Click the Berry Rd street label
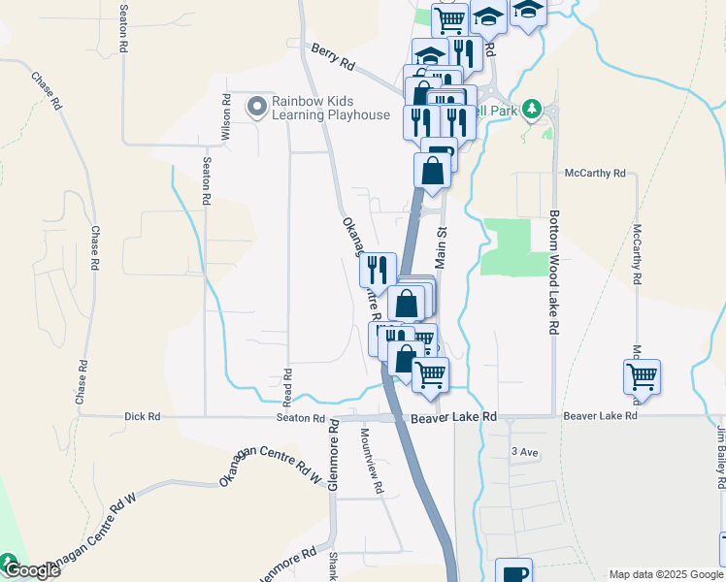333,55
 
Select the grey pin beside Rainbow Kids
256,107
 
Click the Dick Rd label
142,417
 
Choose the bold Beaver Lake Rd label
453,417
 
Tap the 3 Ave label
524,452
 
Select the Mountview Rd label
372,459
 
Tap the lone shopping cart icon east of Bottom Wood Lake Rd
642,376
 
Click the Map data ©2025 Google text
666,574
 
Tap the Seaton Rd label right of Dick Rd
306,417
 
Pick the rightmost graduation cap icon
528,12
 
